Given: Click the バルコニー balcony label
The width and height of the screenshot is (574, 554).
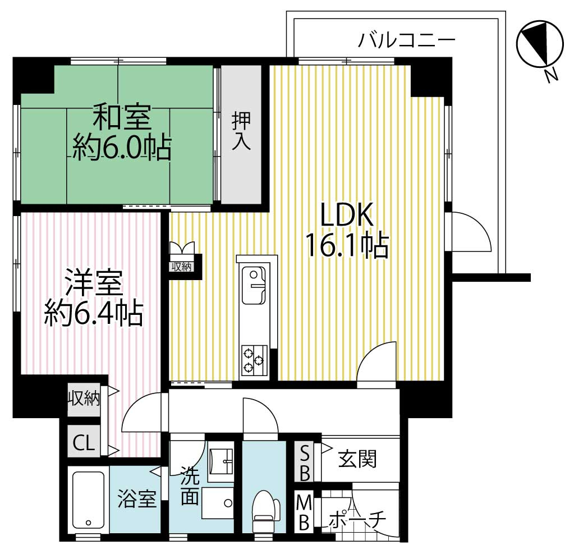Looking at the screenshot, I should point(406,40).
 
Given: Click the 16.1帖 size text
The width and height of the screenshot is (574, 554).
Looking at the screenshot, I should point(347,245).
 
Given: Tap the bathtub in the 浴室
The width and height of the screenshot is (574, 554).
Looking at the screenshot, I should point(89,500).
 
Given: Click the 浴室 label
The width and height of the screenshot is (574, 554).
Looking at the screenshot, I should point(137,499).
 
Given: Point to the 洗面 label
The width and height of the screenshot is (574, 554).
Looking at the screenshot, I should point(190,488).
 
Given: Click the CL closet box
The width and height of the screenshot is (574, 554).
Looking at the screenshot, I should point(84,443).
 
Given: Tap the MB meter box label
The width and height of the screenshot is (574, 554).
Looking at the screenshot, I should point(304,511).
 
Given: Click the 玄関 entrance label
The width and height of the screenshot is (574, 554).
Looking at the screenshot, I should point(357,460).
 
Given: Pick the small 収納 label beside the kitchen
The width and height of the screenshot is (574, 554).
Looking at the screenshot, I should point(182,267).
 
